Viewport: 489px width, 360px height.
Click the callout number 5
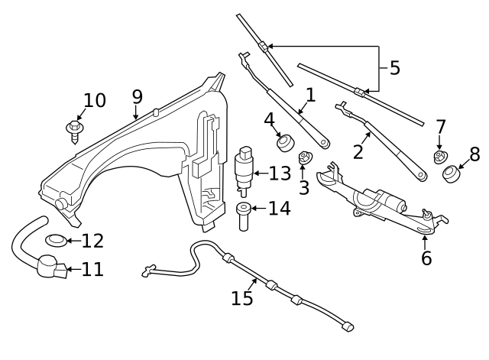tap(394, 68)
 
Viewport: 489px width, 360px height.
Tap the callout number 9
tap(138, 97)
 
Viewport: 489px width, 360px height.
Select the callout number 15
tap(241, 298)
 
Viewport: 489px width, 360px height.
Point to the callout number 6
tap(426, 258)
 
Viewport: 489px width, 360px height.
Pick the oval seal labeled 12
tap(56, 240)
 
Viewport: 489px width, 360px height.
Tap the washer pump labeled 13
tap(244, 171)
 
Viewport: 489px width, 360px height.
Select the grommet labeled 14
tap(243, 216)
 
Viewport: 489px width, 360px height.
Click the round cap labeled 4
tap(285, 143)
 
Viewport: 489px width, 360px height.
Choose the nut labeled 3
tap(303, 157)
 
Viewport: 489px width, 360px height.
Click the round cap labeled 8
tap(452, 174)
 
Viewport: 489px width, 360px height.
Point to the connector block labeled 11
tap(61, 271)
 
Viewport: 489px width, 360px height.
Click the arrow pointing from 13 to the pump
tap(261, 174)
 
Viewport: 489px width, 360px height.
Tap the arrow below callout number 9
tap(135, 112)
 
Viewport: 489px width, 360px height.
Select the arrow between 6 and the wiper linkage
tap(425, 243)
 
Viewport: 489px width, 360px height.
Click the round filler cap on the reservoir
tap(60, 204)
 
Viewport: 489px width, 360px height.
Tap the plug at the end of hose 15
tap(348, 326)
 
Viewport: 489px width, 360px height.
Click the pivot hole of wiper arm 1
tap(323, 143)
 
